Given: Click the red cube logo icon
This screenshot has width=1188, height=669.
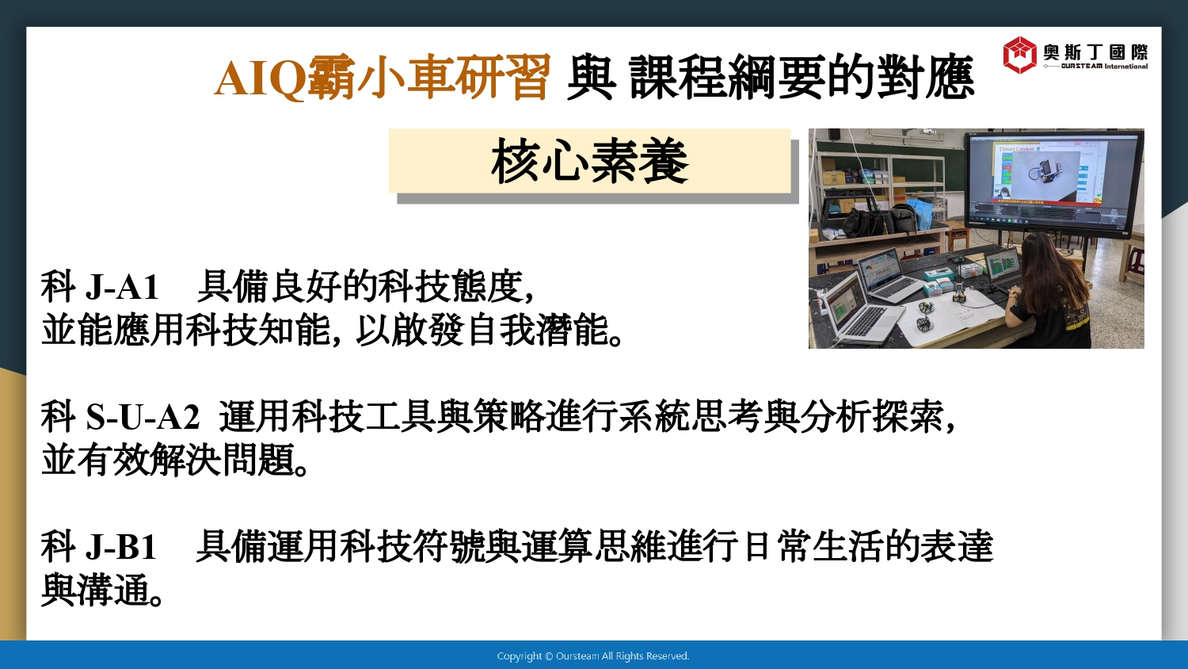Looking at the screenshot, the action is click(x=1019, y=54).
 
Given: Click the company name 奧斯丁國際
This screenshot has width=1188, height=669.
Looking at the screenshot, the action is click(x=1095, y=52).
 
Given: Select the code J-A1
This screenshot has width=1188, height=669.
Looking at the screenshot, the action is click(x=122, y=287).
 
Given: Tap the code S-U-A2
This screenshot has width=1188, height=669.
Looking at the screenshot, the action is click(x=143, y=417).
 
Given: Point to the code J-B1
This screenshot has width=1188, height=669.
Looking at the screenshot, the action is click(x=121, y=547).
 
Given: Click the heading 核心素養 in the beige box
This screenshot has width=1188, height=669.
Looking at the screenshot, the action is click(x=589, y=162).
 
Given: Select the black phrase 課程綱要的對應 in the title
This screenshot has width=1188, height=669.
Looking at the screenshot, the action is click(x=802, y=78).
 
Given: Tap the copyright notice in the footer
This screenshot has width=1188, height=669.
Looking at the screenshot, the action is click(x=593, y=656).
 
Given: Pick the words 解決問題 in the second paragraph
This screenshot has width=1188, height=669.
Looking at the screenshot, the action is click(x=221, y=460).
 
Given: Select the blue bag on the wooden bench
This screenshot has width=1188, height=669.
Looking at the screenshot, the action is click(x=920, y=212).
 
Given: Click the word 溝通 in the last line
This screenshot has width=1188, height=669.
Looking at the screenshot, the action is click(x=112, y=591).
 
